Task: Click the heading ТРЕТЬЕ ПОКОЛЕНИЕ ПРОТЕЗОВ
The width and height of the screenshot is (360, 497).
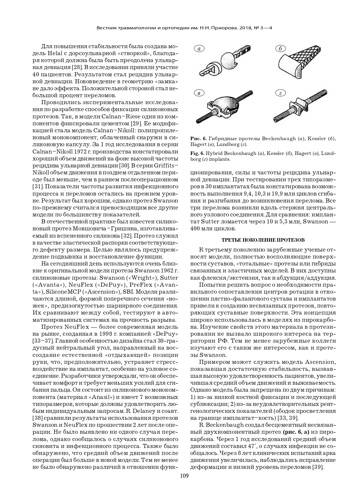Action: coord(263,240)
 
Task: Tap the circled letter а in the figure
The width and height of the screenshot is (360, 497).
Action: coord(199,49)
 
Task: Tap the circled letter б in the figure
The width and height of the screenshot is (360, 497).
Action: coord(280,49)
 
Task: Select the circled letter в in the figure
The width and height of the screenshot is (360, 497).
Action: coord(199,93)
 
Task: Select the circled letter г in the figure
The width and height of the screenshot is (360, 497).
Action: coord(280,93)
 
